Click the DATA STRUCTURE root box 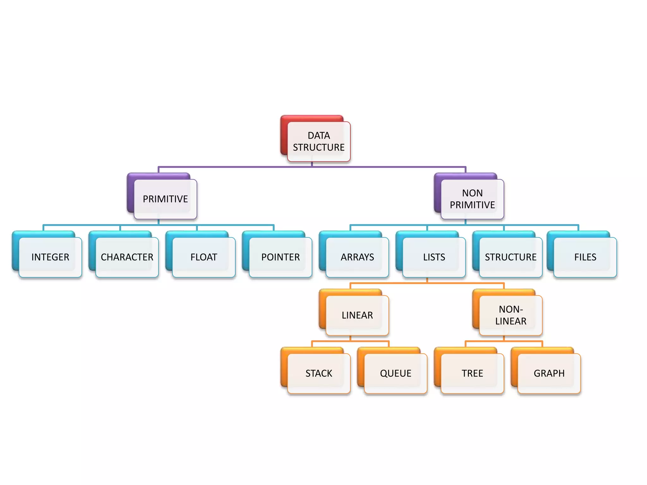click(318, 141)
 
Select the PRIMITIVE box click(165, 199)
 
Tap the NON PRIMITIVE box click(472, 199)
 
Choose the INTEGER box click(50, 257)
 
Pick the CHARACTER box click(127, 257)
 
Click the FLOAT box click(204, 257)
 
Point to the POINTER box click(281, 257)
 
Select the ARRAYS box click(357, 257)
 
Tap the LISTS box click(434, 257)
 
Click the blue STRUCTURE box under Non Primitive click(511, 257)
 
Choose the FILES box click(585, 257)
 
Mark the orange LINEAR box click(357, 315)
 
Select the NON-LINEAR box click(511, 315)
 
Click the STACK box click(319, 373)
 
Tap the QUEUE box click(396, 373)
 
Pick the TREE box click(472, 373)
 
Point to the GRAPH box click(549, 373)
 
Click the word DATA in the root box click(319, 135)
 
